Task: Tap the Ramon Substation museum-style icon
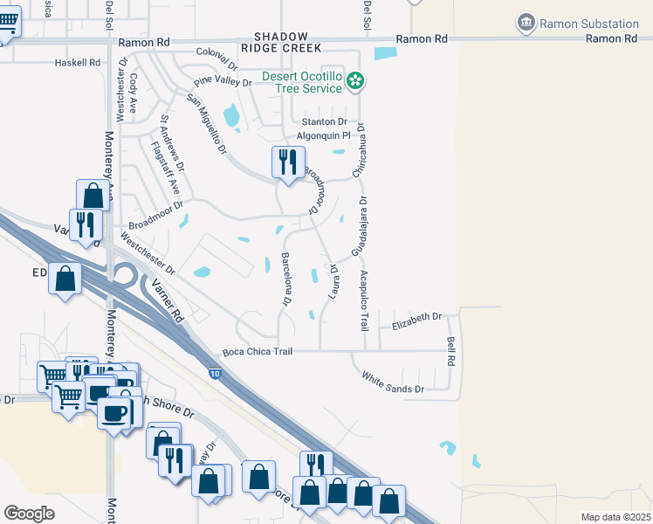pyautogui.click(x=526, y=22)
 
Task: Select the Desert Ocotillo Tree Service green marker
pyautogui.click(x=355, y=82)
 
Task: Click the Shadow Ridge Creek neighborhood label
pyautogui.click(x=287, y=42)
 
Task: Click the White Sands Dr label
pyautogui.click(x=393, y=383)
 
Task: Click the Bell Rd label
pyautogui.click(x=451, y=351)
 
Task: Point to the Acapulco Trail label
pyautogui.click(x=364, y=299)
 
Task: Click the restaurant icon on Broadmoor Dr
pyautogui.click(x=285, y=162)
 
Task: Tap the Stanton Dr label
pyautogui.click(x=324, y=122)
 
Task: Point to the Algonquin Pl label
pyautogui.click(x=324, y=135)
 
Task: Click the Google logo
pyautogui.click(x=30, y=513)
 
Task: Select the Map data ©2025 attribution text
pyautogui.click(x=615, y=517)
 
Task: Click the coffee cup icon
pyautogui.click(x=113, y=413)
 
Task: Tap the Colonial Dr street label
pyautogui.click(x=217, y=58)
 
